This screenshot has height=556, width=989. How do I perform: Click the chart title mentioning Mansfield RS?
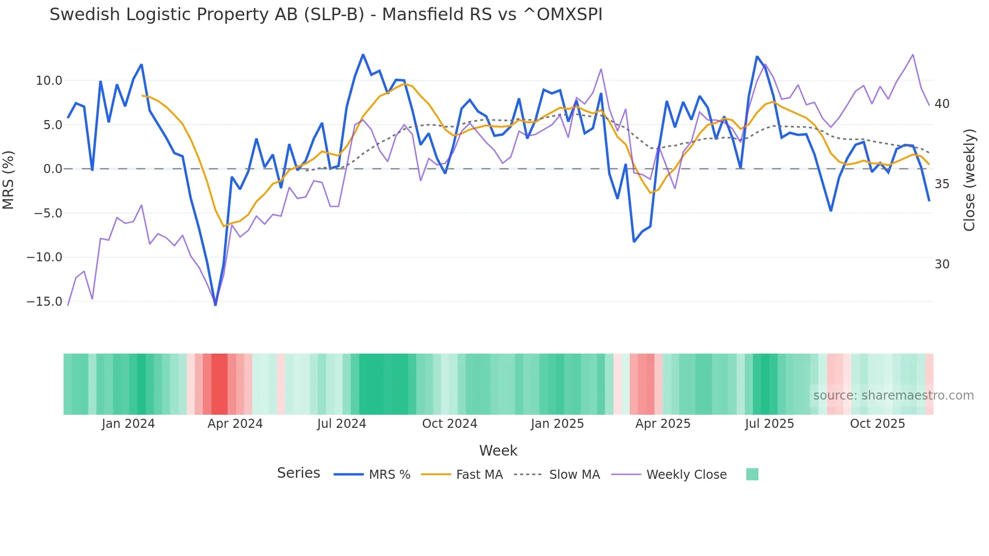click(326, 15)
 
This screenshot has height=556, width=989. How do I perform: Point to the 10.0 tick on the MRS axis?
click(49, 81)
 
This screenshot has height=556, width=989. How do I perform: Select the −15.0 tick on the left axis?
click(44, 302)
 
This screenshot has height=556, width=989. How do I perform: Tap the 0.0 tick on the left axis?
click(52, 169)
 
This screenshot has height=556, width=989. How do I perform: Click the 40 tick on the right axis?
click(942, 104)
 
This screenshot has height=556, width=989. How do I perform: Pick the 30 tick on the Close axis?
click(942, 264)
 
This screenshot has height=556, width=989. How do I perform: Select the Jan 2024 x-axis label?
click(128, 424)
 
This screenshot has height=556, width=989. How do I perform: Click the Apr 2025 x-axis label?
click(663, 424)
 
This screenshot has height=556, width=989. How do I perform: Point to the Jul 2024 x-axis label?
click(342, 424)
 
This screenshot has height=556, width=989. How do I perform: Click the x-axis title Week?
click(498, 451)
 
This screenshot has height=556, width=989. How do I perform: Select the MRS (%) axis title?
click(9, 180)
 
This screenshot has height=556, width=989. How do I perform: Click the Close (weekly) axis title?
click(969, 180)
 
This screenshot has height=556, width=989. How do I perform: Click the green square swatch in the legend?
click(752, 474)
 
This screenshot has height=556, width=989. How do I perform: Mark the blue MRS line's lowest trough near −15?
click(215, 305)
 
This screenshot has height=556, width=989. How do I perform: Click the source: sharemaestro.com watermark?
click(893, 396)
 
